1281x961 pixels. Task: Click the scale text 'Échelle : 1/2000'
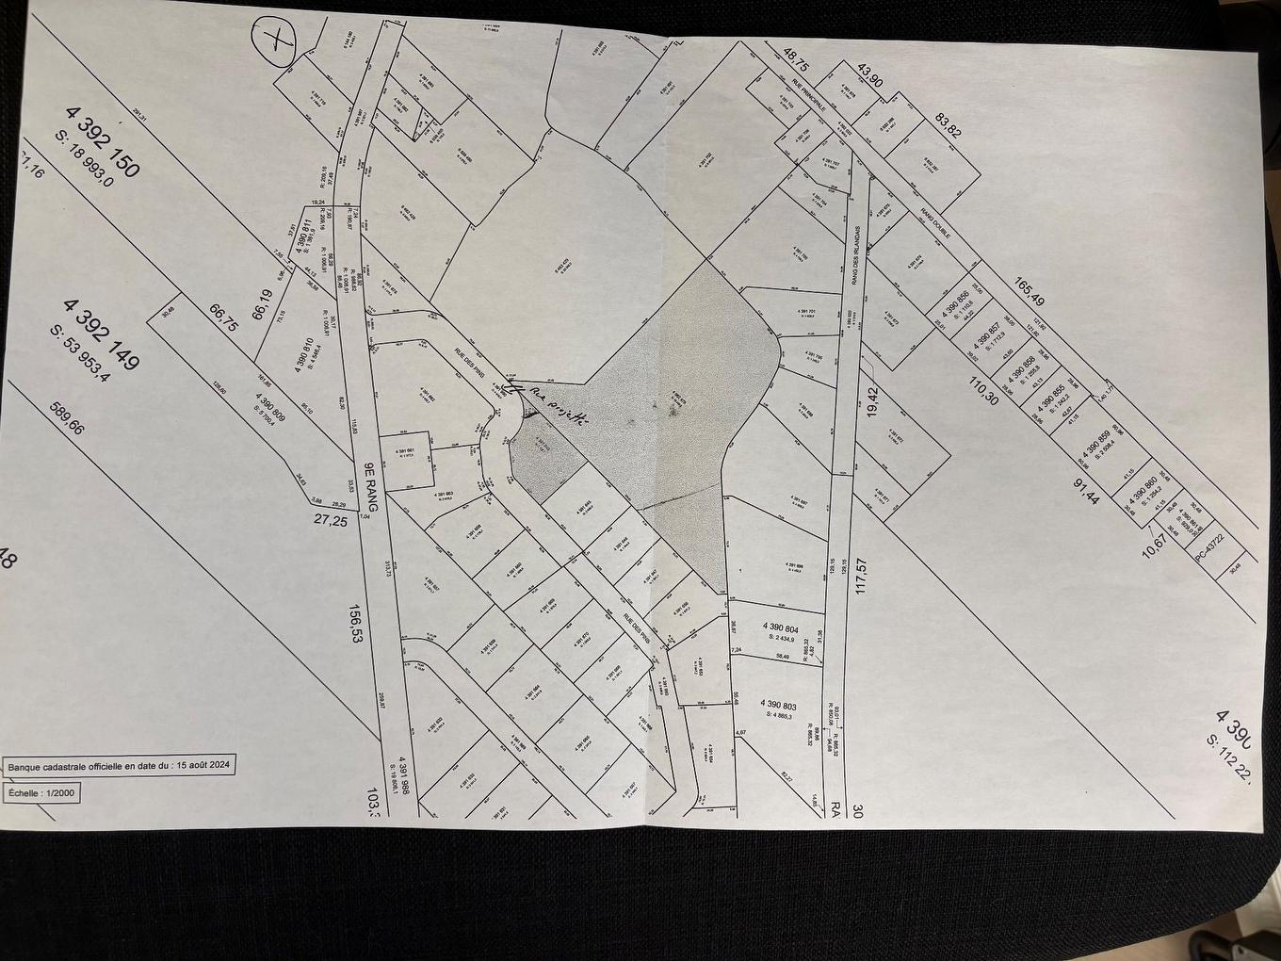42,793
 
